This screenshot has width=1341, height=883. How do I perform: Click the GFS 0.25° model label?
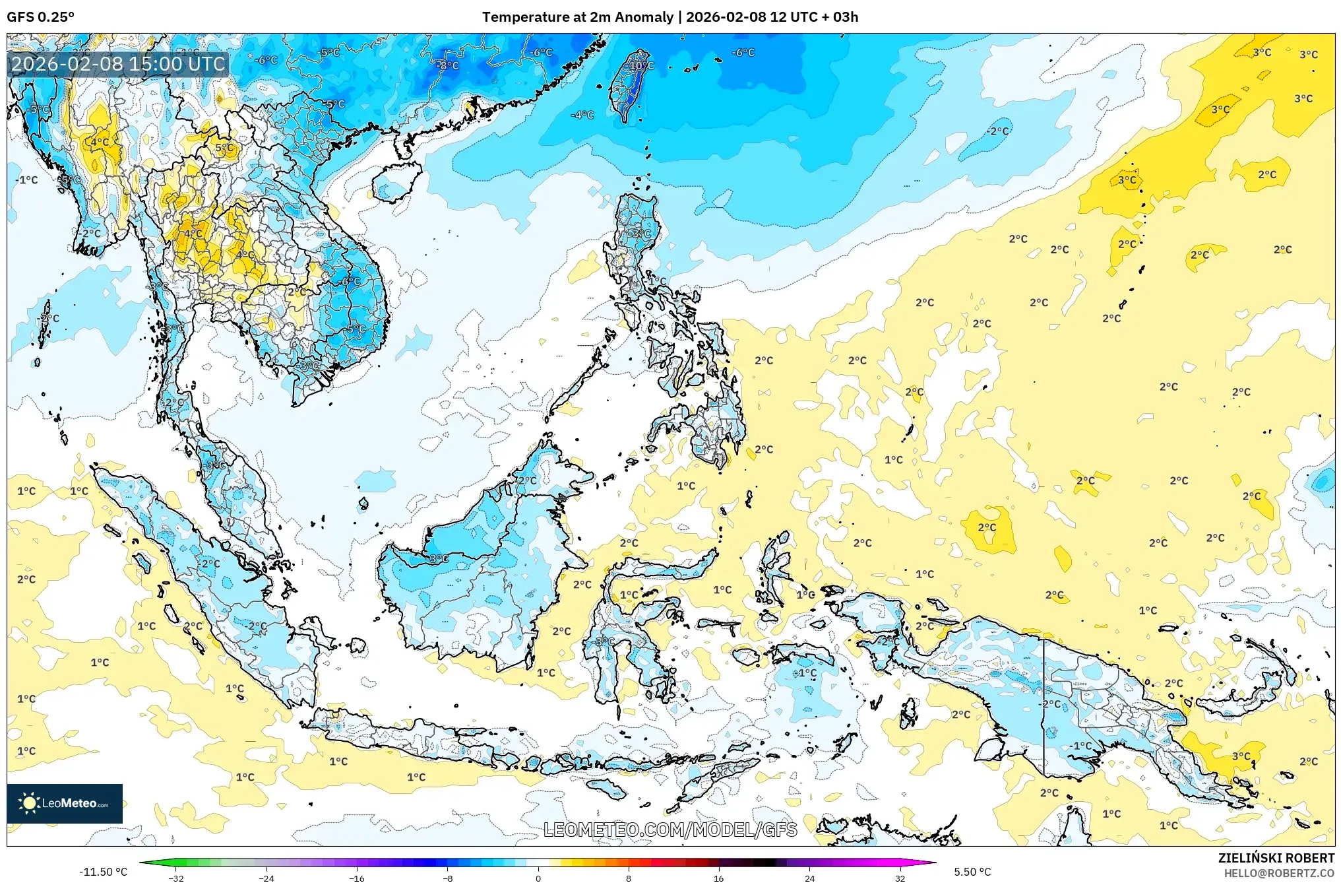point(40,17)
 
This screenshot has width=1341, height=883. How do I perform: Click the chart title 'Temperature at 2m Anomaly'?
point(578,17)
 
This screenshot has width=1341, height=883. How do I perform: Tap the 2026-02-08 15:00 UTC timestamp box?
point(118,64)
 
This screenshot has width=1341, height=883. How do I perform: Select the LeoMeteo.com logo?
point(65,803)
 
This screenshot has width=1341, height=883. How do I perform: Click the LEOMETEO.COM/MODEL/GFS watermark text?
point(670,830)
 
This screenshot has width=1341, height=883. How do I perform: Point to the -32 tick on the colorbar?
point(176,878)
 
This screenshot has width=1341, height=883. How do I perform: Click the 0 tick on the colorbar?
point(538,878)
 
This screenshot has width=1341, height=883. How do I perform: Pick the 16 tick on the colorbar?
point(719,878)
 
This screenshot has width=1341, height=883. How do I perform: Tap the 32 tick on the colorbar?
point(900,878)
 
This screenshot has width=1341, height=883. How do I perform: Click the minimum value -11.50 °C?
point(104,872)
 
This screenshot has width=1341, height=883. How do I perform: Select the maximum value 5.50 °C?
point(972,872)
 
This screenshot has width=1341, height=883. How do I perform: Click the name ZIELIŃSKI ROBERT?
point(1276,858)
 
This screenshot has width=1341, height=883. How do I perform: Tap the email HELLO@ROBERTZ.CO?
point(1279,873)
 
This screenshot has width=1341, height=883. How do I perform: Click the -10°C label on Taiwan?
point(640,66)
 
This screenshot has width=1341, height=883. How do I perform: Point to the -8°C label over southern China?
point(448,65)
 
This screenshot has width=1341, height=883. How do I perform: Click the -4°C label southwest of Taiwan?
point(582,115)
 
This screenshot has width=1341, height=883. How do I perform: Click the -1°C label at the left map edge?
point(27,180)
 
